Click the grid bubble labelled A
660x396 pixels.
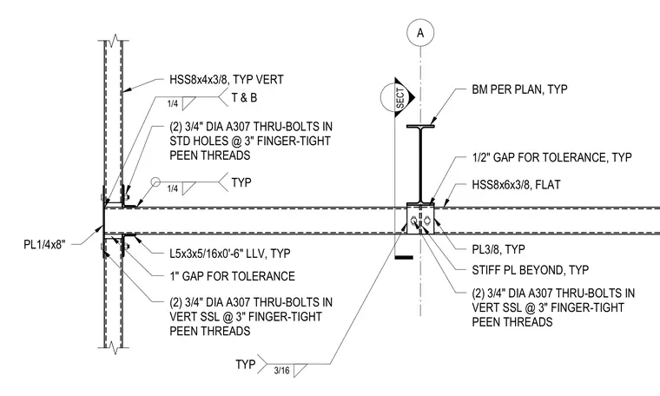pos(420,32)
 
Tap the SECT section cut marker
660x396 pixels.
pos(398,97)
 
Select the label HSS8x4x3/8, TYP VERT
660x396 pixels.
pos(227,80)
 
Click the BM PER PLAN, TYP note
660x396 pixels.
pos(519,89)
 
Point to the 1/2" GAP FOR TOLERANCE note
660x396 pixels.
pos(551,157)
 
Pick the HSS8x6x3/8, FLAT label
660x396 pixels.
pos(516,185)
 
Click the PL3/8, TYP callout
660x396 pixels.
pos(498,249)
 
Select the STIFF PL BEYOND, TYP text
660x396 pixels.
pos(531,270)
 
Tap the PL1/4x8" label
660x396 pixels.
pos(44,245)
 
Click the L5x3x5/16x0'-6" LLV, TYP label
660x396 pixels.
pos(230,254)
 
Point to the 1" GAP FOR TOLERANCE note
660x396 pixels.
pos(233,276)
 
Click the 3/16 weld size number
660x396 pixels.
pos(281,370)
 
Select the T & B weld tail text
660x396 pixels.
pos(244,97)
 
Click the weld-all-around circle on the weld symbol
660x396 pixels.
pos(155,181)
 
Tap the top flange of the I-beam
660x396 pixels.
pos(420,126)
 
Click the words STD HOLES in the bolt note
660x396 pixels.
pos(197,141)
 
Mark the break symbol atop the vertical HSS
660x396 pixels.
pos(114,41)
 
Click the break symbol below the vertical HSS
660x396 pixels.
pos(114,347)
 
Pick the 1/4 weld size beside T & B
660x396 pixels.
pos(173,103)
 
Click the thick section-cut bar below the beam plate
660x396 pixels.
pos(404,257)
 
